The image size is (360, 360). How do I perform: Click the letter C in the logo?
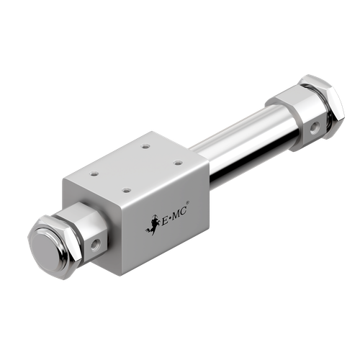(183, 207)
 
